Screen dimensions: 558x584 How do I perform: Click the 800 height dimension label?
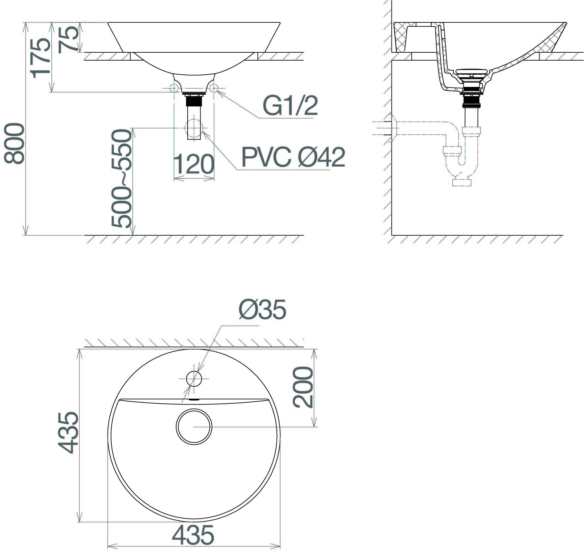pyautogui.click(x=14, y=144)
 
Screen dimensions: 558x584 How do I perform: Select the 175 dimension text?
pyautogui.click(x=41, y=58)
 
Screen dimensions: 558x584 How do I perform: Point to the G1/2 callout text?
pyautogui.click(x=290, y=106)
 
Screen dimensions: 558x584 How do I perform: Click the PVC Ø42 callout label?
pyautogui.click(x=293, y=157)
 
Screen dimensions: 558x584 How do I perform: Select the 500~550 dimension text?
pyautogui.click(x=121, y=179)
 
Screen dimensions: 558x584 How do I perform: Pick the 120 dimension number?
pyautogui.click(x=193, y=164)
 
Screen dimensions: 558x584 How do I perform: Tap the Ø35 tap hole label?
pyautogui.click(x=262, y=310)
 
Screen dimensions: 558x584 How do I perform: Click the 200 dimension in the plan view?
pyautogui.click(x=303, y=387)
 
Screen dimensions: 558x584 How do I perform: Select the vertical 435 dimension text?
pyautogui.click(x=68, y=432)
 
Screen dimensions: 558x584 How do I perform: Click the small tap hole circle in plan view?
pyautogui.click(x=194, y=379)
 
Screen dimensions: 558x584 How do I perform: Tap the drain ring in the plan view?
pyautogui.click(x=194, y=427)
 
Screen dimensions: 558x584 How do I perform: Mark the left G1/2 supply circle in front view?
pyautogui.click(x=174, y=88)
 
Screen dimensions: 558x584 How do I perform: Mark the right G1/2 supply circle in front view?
pyautogui.click(x=214, y=88)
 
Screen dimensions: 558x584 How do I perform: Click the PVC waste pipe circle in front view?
pyautogui.click(x=194, y=128)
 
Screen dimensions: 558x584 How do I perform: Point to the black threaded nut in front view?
pyautogui.click(x=194, y=100)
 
